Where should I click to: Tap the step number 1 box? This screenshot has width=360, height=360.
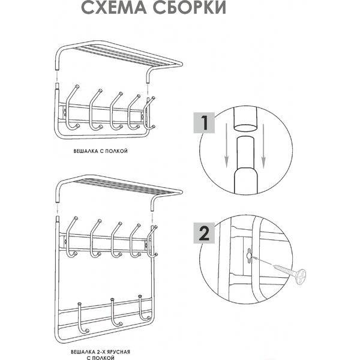pyautogui.click(x=205, y=124)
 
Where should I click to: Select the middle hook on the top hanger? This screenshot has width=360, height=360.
pyautogui.click(x=115, y=111)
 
